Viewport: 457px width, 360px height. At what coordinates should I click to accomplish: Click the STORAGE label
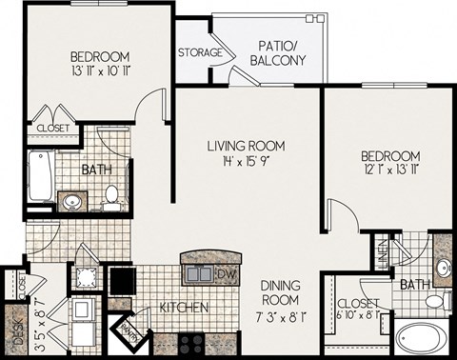(200, 52)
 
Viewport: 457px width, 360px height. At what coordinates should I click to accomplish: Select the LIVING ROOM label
(248, 146)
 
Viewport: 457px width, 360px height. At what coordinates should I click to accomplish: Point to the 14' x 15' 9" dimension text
(248, 162)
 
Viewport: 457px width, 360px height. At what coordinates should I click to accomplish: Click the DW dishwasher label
(226, 274)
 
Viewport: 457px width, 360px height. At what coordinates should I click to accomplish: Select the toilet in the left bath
(112, 197)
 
